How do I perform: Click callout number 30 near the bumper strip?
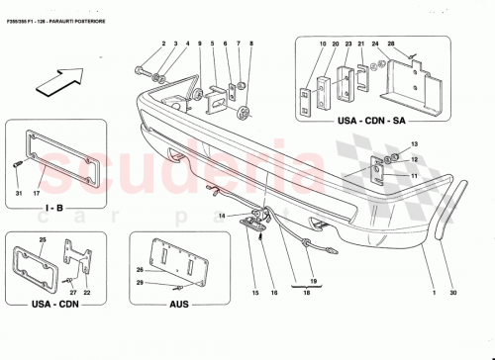tap(452, 294)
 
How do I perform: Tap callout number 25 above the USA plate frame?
tap(42, 241)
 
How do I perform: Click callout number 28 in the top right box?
tap(391, 44)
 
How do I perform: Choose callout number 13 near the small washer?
tap(416, 144)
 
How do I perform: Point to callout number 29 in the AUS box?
tap(140, 284)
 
